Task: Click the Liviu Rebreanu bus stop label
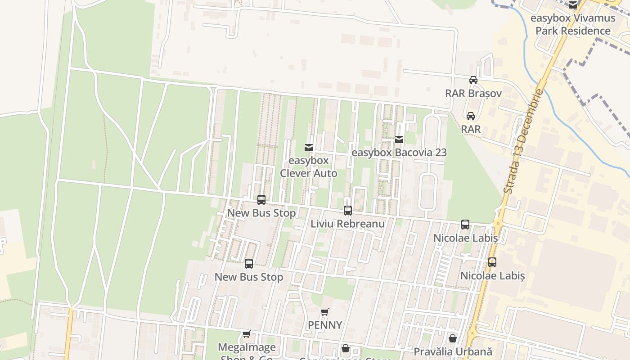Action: click(x=347, y=224)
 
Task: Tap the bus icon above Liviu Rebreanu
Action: click(x=347, y=210)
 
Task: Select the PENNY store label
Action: click(x=325, y=325)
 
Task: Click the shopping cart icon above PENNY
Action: click(x=325, y=312)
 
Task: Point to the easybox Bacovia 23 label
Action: click(x=399, y=153)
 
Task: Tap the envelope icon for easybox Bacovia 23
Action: click(x=399, y=139)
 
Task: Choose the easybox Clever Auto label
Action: click(x=309, y=167)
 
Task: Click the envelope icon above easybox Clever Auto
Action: click(x=308, y=147)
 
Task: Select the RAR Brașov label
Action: click(x=473, y=94)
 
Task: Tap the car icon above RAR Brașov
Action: click(x=473, y=80)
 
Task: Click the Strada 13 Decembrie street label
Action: click(x=523, y=142)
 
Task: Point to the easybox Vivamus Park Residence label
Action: click(x=573, y=25)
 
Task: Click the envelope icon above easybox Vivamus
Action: click(x=572, y=5)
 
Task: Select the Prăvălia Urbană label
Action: click(x=453, y=351)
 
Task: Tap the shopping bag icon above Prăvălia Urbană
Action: click(x=453, y=338)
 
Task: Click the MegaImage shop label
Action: click(x=247, y=348)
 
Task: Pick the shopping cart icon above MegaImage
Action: click(x=246, y=334)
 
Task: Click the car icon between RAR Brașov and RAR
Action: click(x=471, y=116)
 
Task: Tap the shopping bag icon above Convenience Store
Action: click(x=345, y=348)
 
